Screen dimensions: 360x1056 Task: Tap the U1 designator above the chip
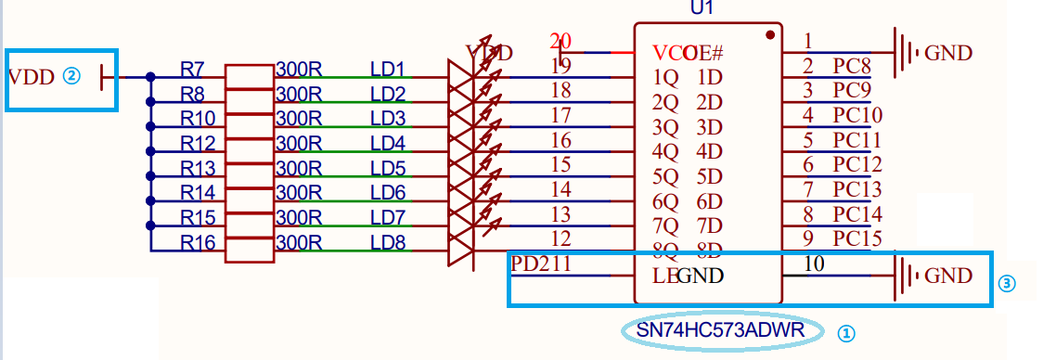702,7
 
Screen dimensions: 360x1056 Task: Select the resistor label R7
193,69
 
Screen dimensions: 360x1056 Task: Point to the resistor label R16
198,243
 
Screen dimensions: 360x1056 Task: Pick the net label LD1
388,69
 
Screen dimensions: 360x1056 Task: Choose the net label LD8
388,243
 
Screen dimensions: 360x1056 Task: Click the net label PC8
852,66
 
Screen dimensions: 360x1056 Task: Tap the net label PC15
857,238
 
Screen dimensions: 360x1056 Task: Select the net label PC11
857,140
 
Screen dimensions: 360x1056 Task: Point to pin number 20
560,41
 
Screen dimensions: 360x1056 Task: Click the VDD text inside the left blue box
32,76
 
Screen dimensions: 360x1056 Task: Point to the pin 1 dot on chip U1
770,35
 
